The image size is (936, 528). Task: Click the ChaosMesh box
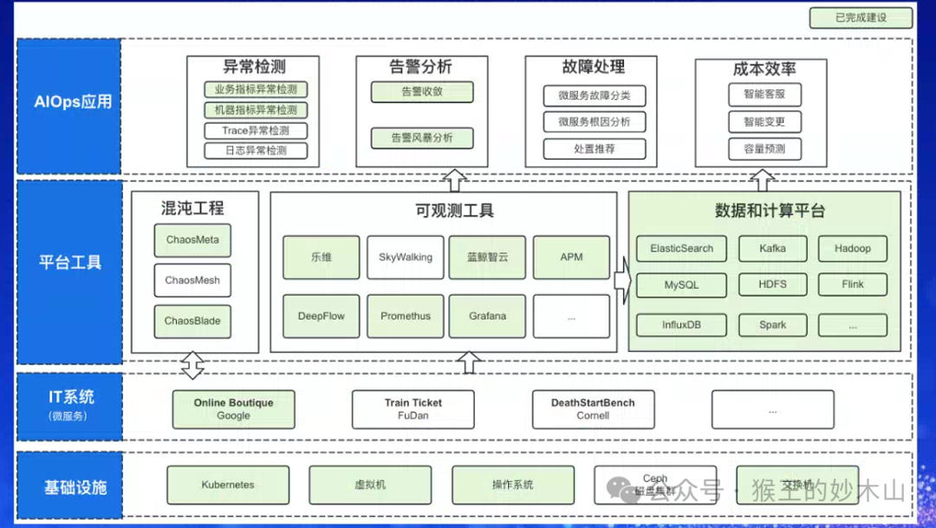point(192,280)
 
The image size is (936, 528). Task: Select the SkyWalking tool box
point(405,257)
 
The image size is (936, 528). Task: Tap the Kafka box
point(772,249)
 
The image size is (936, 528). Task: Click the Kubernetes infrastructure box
point(227,485)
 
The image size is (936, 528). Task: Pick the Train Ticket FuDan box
point(413,409)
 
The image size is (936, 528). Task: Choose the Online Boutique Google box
point(233,409)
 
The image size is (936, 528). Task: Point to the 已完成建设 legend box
point(861,17)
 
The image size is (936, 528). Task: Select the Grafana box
point(487,316)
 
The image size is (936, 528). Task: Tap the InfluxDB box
point(681,325)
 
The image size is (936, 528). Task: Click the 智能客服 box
point(764,95)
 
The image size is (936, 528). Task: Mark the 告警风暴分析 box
point(421,138)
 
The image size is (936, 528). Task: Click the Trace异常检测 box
point(256,131)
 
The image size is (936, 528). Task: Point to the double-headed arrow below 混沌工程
point(192,365)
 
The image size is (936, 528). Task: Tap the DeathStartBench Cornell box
point(593,409)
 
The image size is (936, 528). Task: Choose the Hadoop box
point(852,249)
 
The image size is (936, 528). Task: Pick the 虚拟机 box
point(370,485)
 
